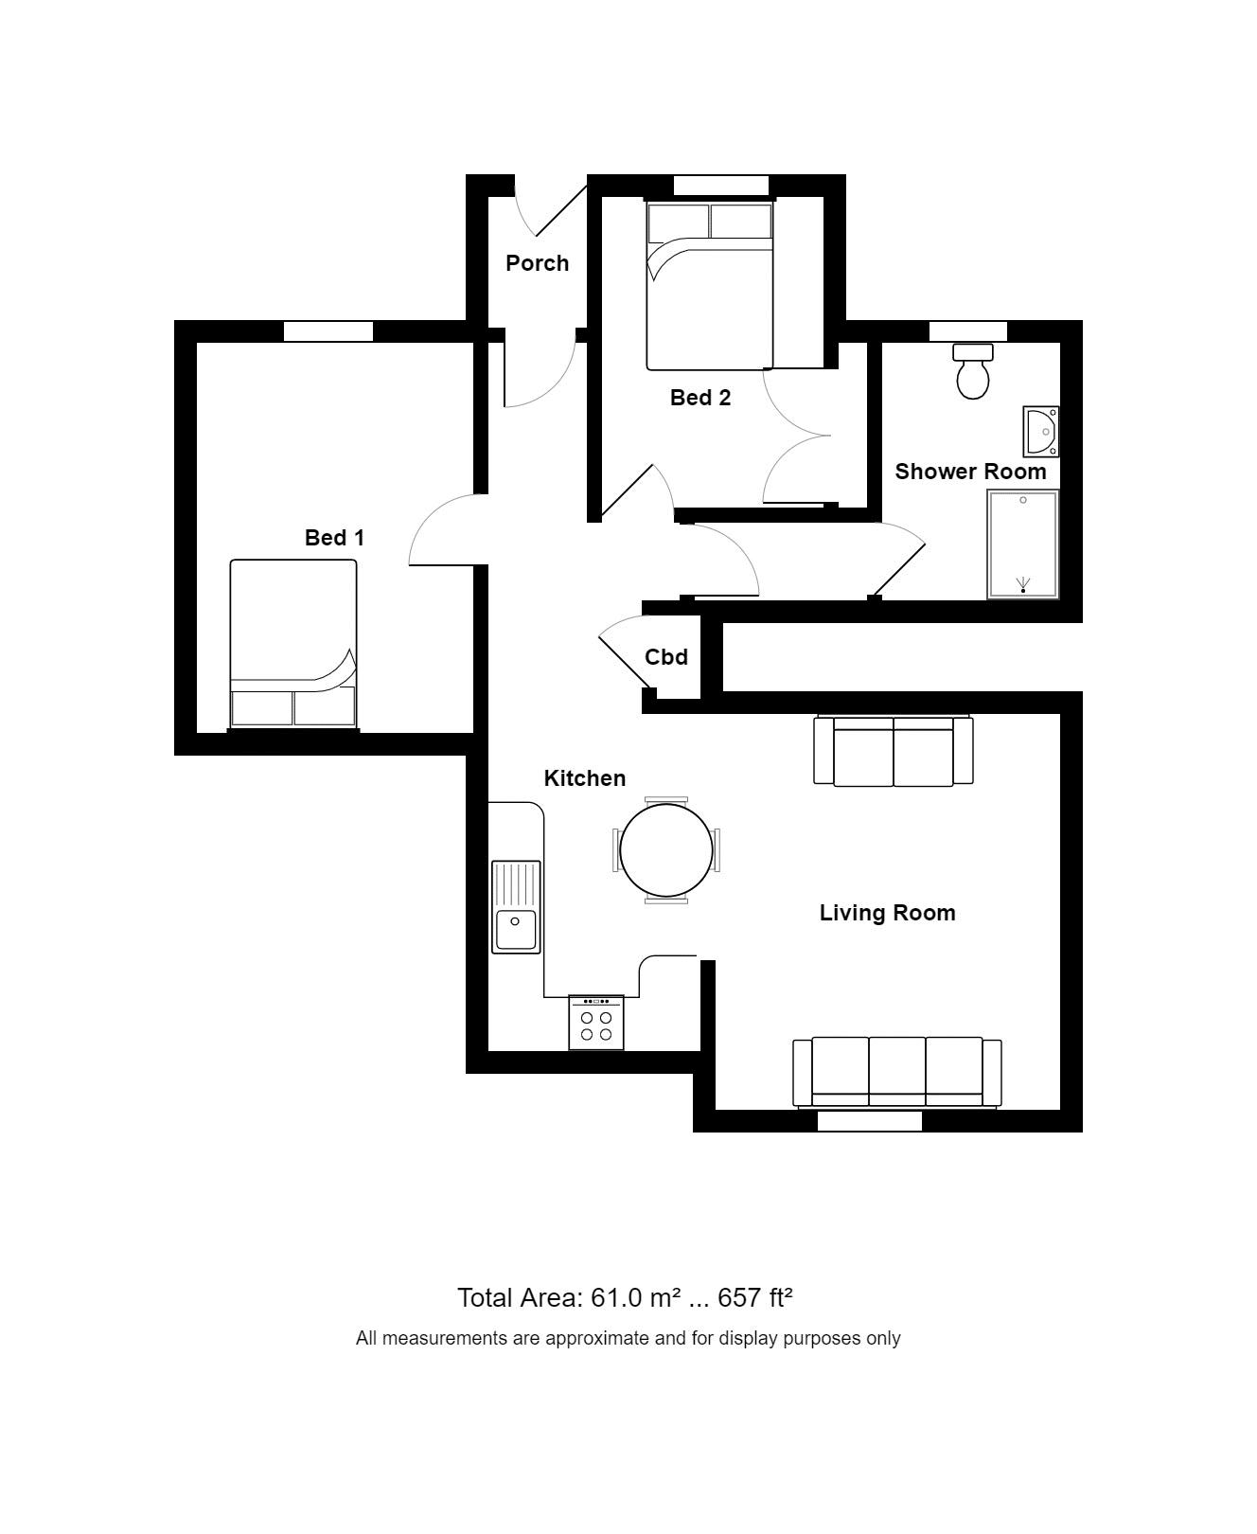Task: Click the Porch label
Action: (x=537, y=263)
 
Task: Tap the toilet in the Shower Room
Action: (x=973, y=372)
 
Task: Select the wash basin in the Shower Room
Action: (x=1040, y=431)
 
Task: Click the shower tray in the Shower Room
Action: (x=1022, y=544)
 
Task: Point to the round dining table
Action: (x=666, y=850)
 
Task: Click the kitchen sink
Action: (x=516, y=906)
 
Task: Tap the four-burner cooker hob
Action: (x=596, y=1023)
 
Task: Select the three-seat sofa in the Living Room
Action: (x=896, y=1072)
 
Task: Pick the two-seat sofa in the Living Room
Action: (x=894, y=751)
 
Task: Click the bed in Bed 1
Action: (x=293, y=644)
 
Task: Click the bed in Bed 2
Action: (x=709, y=286)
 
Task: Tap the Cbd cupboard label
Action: (x=666, y=657)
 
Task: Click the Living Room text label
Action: (x=887, y=913)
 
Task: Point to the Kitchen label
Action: (x=584, y=778)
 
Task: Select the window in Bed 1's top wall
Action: (x=328, y=331)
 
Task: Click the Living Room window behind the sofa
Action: (x=869, y=1121)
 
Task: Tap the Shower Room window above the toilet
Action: (x=967, y=331)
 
